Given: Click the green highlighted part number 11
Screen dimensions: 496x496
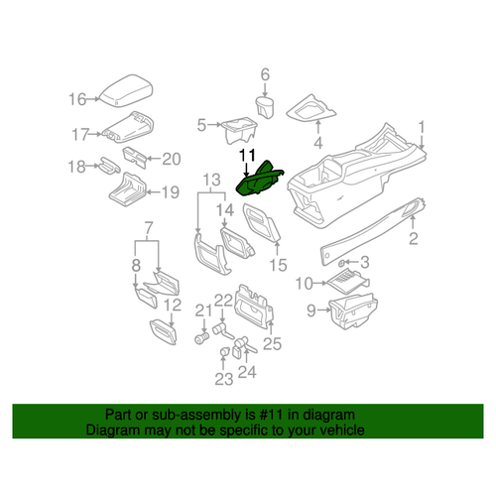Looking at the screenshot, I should (x=259, y=182).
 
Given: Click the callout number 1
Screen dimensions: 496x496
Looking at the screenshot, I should (x=421, y=127).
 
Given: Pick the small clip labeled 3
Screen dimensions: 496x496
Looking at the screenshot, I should (x=341, y=263).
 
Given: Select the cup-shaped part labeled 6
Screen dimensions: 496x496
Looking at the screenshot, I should (x=266, y=106).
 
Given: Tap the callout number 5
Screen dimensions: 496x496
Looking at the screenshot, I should (x=200, y=125).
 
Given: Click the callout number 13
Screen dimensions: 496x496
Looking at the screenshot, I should (x=209, y=179).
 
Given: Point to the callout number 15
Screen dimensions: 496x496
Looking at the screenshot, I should (x=278, y=265).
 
